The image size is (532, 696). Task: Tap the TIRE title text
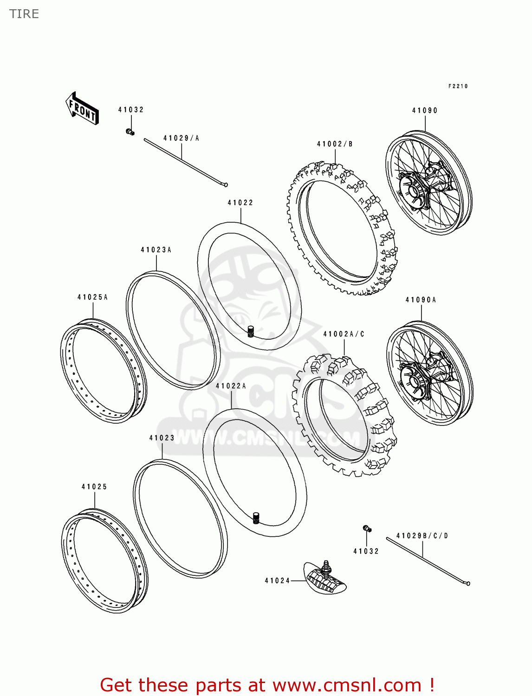[x=24, y=14]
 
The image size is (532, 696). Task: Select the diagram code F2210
[x=458, y=86]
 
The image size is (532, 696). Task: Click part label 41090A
[x=421, y=300]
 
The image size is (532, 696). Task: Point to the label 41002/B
[x=335, y=144]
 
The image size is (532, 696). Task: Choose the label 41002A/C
[x=344, y=334]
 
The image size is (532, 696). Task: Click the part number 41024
[x=277, y=580]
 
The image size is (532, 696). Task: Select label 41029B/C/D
[x=422, y=535]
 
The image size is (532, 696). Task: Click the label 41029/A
[x=181, y=138]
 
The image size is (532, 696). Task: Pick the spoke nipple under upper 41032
[x=130, y=132]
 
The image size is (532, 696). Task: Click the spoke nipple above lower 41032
[x=367, y=528]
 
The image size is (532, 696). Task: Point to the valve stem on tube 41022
[x=251, y=332]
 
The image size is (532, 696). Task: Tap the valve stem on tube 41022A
[x=255, y=518]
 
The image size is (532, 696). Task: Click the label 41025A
[x=92, y=297]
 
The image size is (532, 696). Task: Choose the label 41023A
[x=156, y=250]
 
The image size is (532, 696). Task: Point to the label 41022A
[x=231, y=386]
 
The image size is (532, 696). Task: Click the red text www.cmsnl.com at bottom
[x=347, y=685]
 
